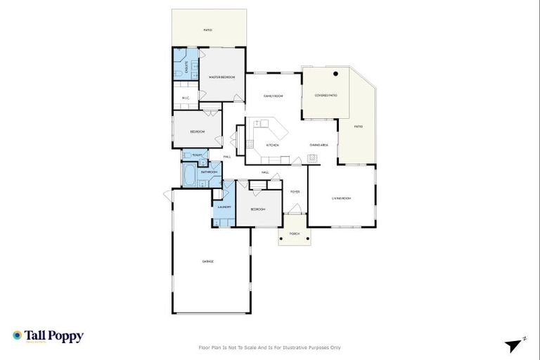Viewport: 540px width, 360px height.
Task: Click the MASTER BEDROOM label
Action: click(x=221, y=76)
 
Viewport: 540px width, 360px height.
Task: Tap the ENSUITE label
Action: click(x=186, y=68)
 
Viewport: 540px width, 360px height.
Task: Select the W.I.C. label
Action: click(x=185, y=98)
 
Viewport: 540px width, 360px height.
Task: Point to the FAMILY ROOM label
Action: click(x=273, y=96)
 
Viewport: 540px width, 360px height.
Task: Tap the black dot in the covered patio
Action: click(x=336, y=73)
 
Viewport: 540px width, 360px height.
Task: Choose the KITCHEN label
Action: click(x=272, y=146)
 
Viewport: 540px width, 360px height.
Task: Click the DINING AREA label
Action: click(x=319, y=145)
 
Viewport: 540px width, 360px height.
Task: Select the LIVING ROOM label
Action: click(x=341, y=198)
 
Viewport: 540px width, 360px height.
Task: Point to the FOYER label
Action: click(x=295, y=191)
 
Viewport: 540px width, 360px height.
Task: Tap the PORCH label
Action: click(x=295, y=233)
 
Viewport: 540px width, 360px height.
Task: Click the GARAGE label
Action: click(x=208, y=261)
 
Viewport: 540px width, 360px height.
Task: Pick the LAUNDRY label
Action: click(x=224, y=207)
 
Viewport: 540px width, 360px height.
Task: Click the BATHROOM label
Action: click(x=209, y=172)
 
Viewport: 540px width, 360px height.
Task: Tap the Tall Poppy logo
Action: click(x=48, y=336)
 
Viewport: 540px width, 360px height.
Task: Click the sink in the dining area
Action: click(x=313, y=157)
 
